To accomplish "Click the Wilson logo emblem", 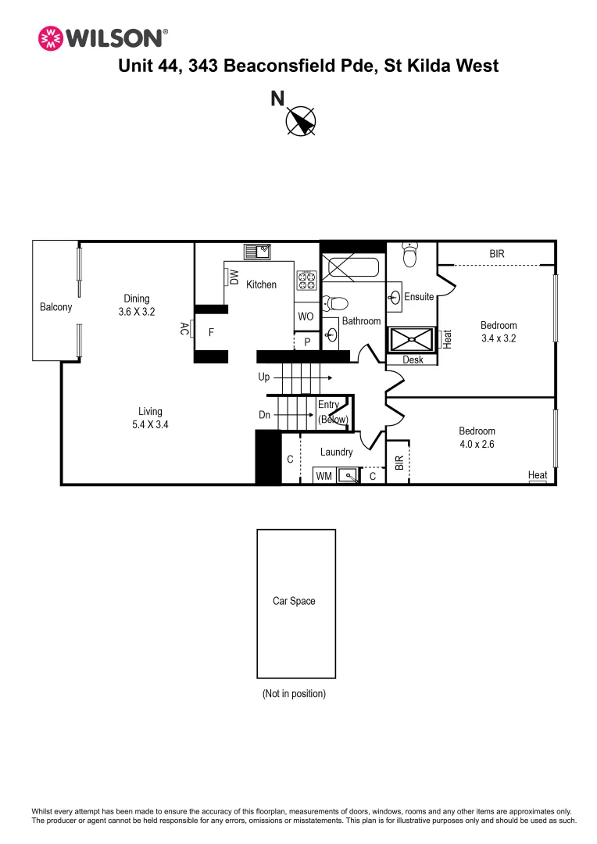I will pyautogui.click(x=50, y=38).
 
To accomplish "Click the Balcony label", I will pyautogui.click(x=55, y=307).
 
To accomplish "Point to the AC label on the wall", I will pyautogui.click(x=184, y=329).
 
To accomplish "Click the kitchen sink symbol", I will pyautogui.click(x=257, y=251).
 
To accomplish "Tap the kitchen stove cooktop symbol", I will pyautogui.click(x=306, y=281).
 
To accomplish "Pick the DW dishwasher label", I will pyautogui.click(x=234, y=277).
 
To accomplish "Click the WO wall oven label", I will pyautogui.click(x=306, y=317).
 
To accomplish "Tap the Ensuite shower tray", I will pyautogui.click(x=412, y=340).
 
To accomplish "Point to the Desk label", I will pyautogui.click(x=413, y=360).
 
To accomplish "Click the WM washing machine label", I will pyautogui.click(x=324, y=476).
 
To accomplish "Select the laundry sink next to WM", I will pyautogui.click(x=348, y=475).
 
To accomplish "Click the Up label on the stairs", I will pyautogui.click(x=264, y=377).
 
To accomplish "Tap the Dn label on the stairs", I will pyautogui.click(x=264, y=415).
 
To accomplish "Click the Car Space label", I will pyautogui.click(x=294, y=601).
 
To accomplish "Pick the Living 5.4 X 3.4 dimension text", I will pyautogui.click(x=151, y=418).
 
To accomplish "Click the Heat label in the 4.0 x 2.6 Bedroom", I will pyautogui.click(x=538, y=474).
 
